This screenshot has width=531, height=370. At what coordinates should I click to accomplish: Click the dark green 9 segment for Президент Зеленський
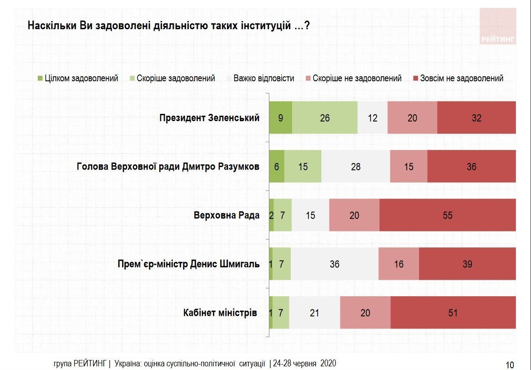point(280,118)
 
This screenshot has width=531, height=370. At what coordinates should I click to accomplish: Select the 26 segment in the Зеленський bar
point(324,118)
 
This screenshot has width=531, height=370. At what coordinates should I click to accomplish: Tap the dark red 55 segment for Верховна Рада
point(448,215)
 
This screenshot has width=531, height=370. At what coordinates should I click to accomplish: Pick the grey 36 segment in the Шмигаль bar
point(334,264)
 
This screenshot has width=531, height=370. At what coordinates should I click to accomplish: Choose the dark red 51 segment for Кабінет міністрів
point(453,313)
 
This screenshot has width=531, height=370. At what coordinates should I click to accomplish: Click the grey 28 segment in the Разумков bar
point(355,166)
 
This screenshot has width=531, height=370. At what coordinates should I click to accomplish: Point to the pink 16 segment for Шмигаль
point(399,264)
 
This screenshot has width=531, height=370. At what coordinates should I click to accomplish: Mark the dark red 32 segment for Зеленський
point(476,118)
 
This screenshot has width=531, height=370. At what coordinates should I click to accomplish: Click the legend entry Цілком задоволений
point(81,78)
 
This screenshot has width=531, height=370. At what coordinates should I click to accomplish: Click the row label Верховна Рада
point(227,215)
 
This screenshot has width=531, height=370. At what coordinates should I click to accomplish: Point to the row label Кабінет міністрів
point(220,313)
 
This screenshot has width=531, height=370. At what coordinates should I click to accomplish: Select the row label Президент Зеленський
point(209,118)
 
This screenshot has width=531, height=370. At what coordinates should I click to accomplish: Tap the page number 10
point(510,364)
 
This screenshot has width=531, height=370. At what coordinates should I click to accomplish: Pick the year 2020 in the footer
point(328,363)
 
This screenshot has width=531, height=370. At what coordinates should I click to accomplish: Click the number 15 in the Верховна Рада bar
point(310,215)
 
